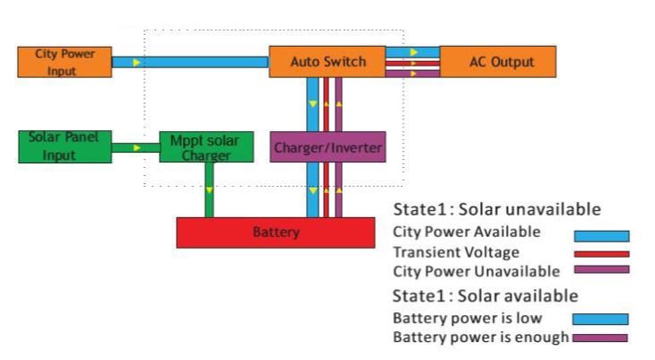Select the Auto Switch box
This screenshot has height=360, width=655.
click(327, 62)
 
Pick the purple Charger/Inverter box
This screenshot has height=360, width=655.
click(327, 146)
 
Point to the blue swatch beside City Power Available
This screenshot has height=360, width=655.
click(601, 236)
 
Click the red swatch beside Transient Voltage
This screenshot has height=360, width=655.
click(601, 253)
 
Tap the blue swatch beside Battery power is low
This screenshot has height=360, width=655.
click(600, 319)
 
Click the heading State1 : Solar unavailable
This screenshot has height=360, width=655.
click(496, 210)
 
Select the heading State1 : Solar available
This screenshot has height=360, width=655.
click(485, 295)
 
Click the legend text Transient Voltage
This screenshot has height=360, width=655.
click(456, 252)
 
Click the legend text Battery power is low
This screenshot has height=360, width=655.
click(467, 318)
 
